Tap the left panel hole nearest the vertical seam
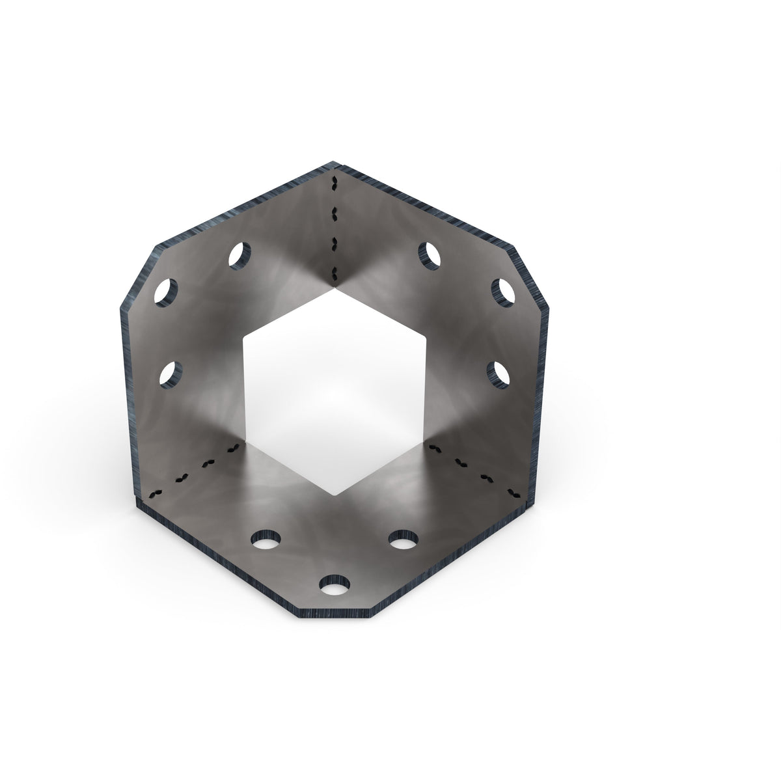239,254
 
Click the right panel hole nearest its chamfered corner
500,291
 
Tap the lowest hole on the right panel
498,374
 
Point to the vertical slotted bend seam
333,228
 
